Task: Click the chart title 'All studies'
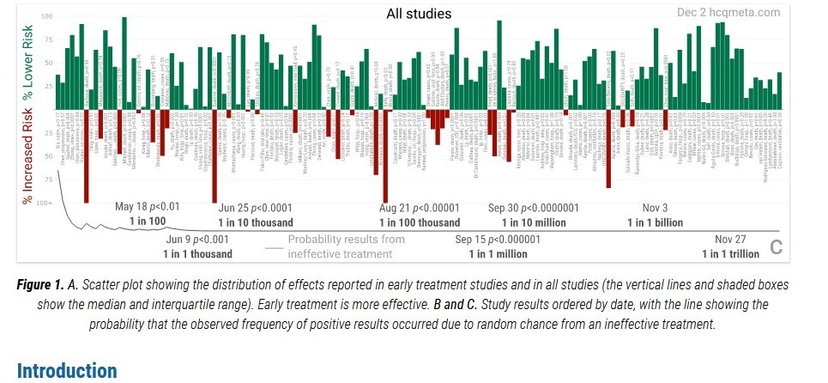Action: point(419,14)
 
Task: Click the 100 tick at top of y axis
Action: point(46,17)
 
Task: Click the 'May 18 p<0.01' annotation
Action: point(148,207)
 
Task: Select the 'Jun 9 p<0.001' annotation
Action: point(197,240)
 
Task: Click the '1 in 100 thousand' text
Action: point(420,222)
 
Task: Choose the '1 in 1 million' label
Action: point(499,254)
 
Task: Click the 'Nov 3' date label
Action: point(655,207)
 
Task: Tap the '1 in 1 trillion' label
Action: point(730,254)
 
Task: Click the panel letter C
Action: point(777,247)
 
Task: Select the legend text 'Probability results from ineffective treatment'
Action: point(347,246)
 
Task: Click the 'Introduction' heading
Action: point(67,371)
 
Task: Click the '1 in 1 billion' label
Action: point(655,222)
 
